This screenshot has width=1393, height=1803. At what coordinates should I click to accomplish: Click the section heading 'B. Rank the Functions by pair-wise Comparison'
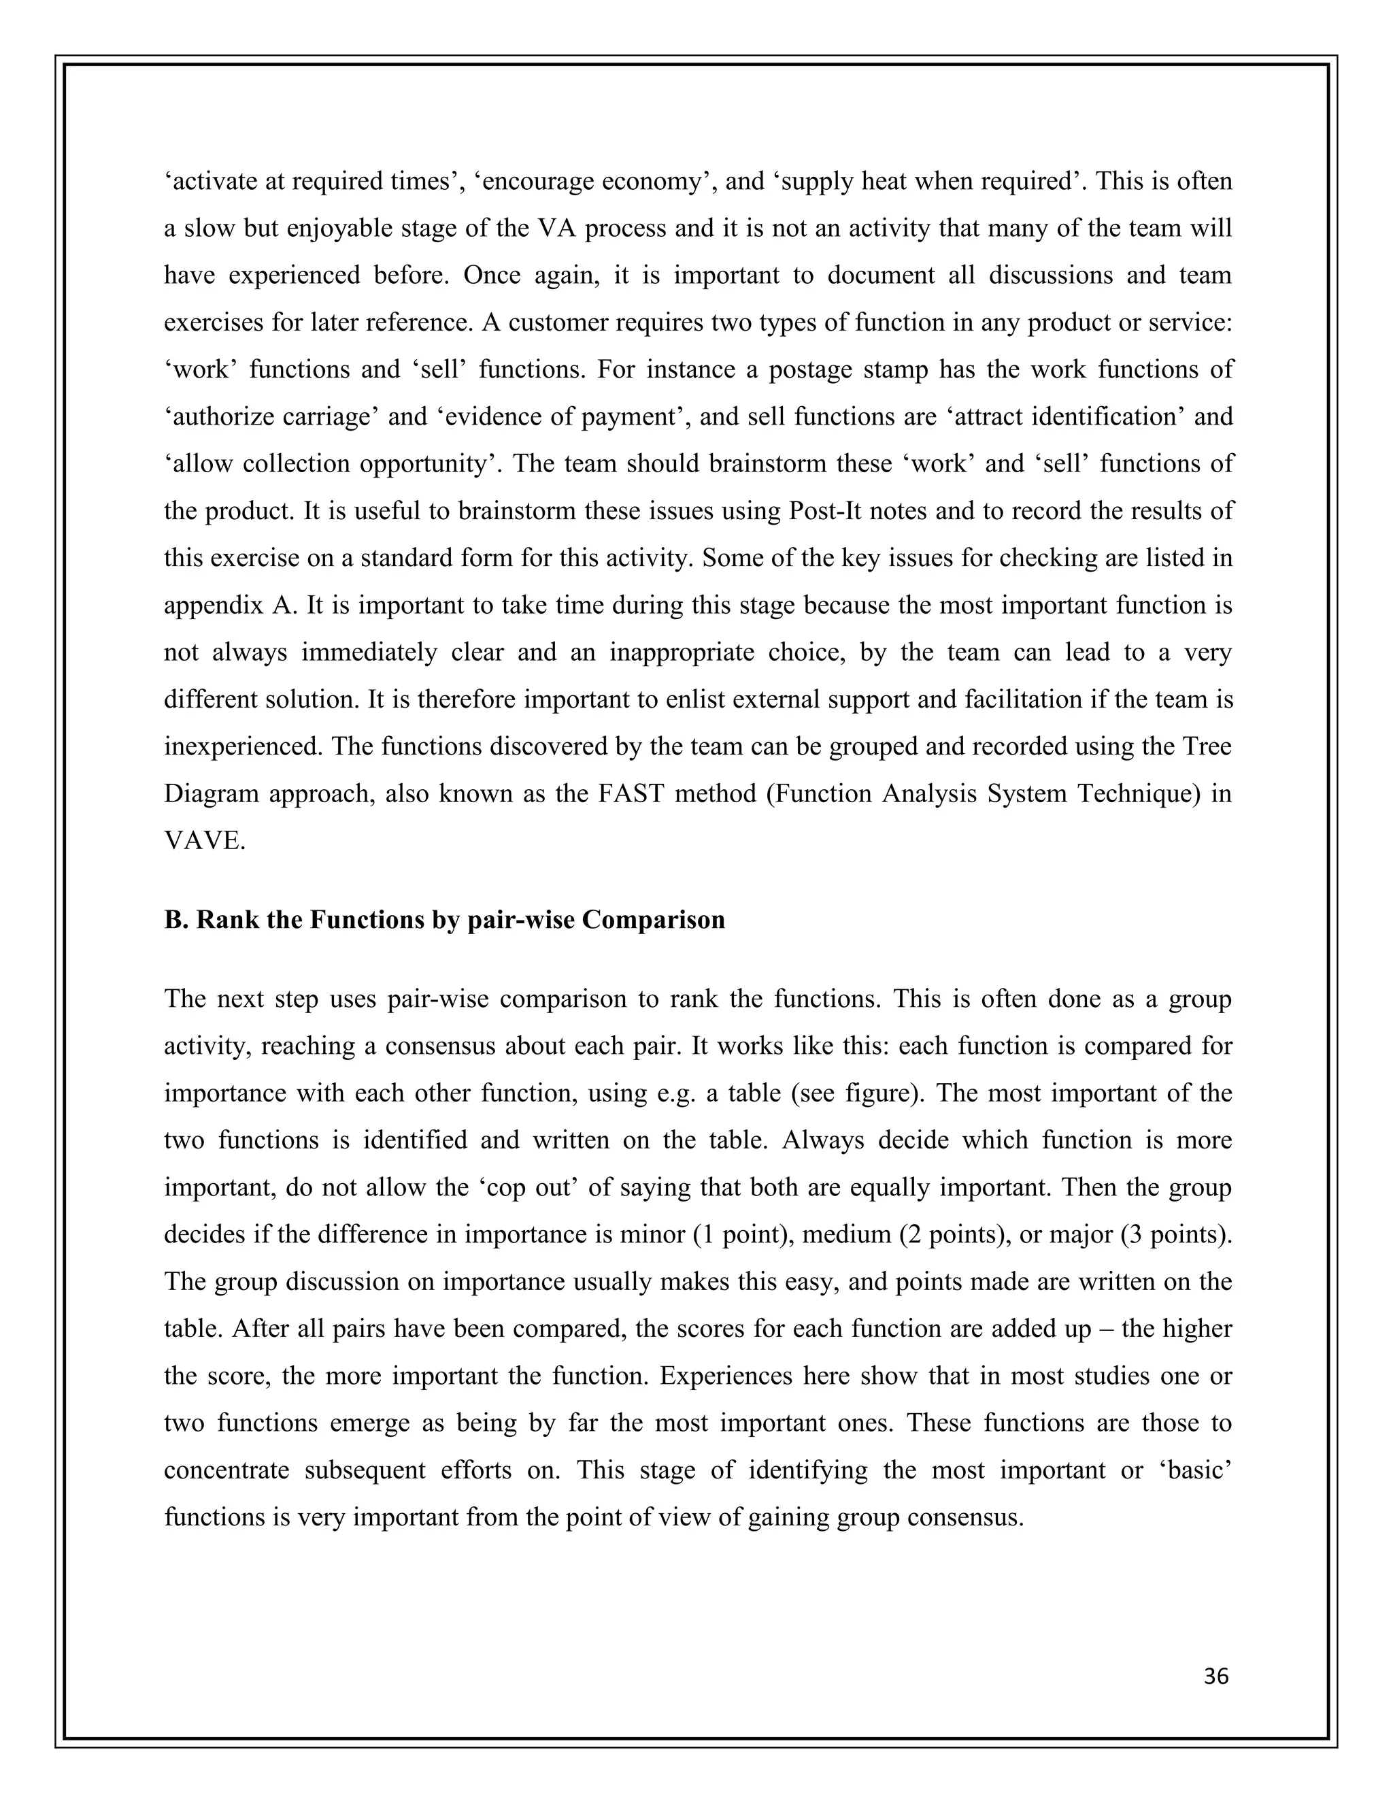pyautogui.click(x=444, y=920)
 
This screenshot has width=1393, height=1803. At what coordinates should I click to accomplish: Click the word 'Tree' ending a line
pyautogui.click(x=1206, y=746)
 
